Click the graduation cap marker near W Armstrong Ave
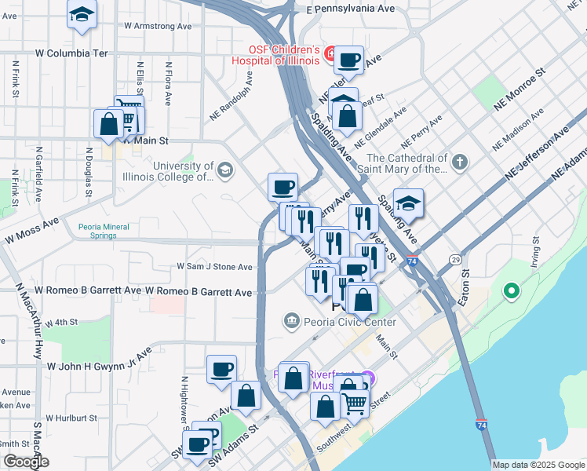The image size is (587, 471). (x=82, y=16)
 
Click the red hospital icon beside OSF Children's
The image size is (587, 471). (x=331, y=55)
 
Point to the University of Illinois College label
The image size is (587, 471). (x=183, y=171)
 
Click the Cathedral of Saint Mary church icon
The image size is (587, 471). (x=460, y=163)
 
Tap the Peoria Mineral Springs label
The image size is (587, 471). (x=108, y=232)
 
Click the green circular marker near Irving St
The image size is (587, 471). (x=512, y=292)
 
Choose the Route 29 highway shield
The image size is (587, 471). (x=455, y=259)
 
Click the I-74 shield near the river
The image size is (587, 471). (x=480, y=425)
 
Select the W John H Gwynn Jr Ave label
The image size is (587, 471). (x=98, y=366)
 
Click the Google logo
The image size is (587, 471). (x=25, y=462)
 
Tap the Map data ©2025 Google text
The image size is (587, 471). (x=538, y=465)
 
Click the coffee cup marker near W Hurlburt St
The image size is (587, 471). (x=221, y=369)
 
